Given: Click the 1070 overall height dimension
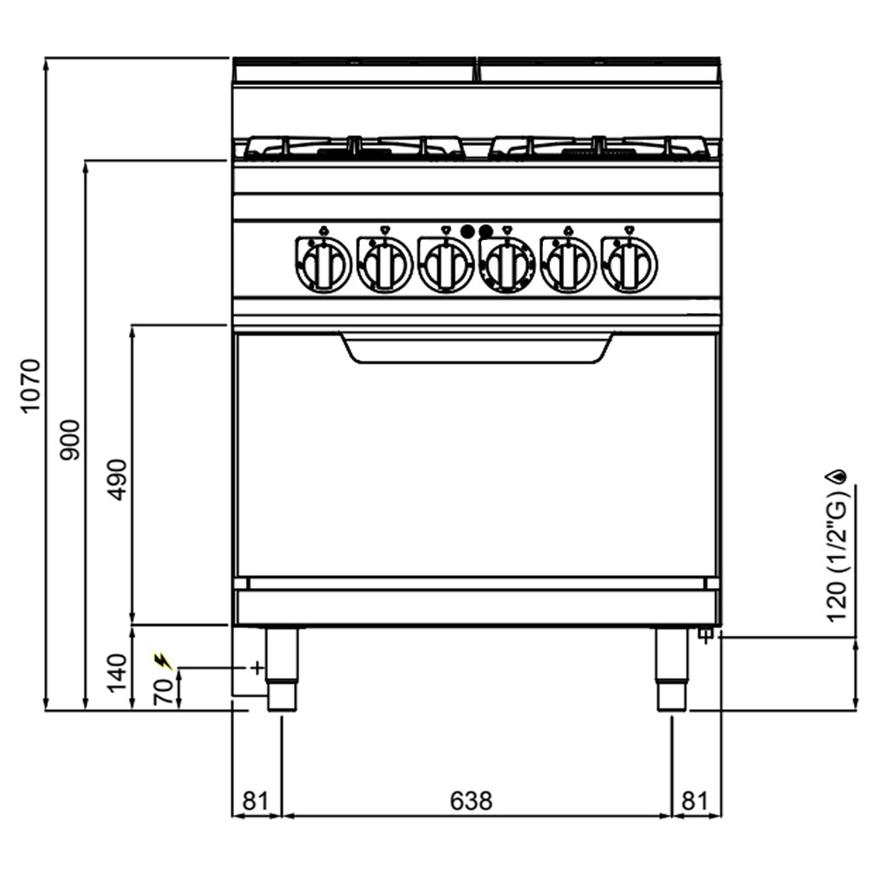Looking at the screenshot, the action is click(x=31, y=386).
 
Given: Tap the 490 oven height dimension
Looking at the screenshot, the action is click(x=117, y=480).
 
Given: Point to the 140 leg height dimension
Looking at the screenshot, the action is click(x=117, y=673).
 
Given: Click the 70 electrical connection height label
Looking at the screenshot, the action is click(x=164, y=691).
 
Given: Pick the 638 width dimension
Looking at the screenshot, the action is click(x=471, y=800).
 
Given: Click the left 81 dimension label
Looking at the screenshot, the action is click(x=256, y=800).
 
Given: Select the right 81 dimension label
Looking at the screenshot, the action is click(x=695, y=800).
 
